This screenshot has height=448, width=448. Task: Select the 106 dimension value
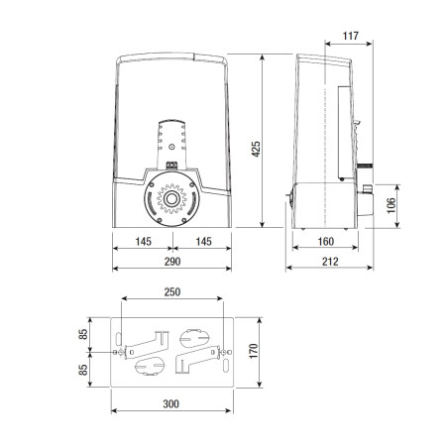[x=392, y=205]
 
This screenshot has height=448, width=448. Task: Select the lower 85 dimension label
[x=85, y=369]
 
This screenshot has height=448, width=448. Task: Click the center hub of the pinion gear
[x=171, y=199]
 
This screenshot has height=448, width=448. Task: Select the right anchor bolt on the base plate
[x=224, y=351]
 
